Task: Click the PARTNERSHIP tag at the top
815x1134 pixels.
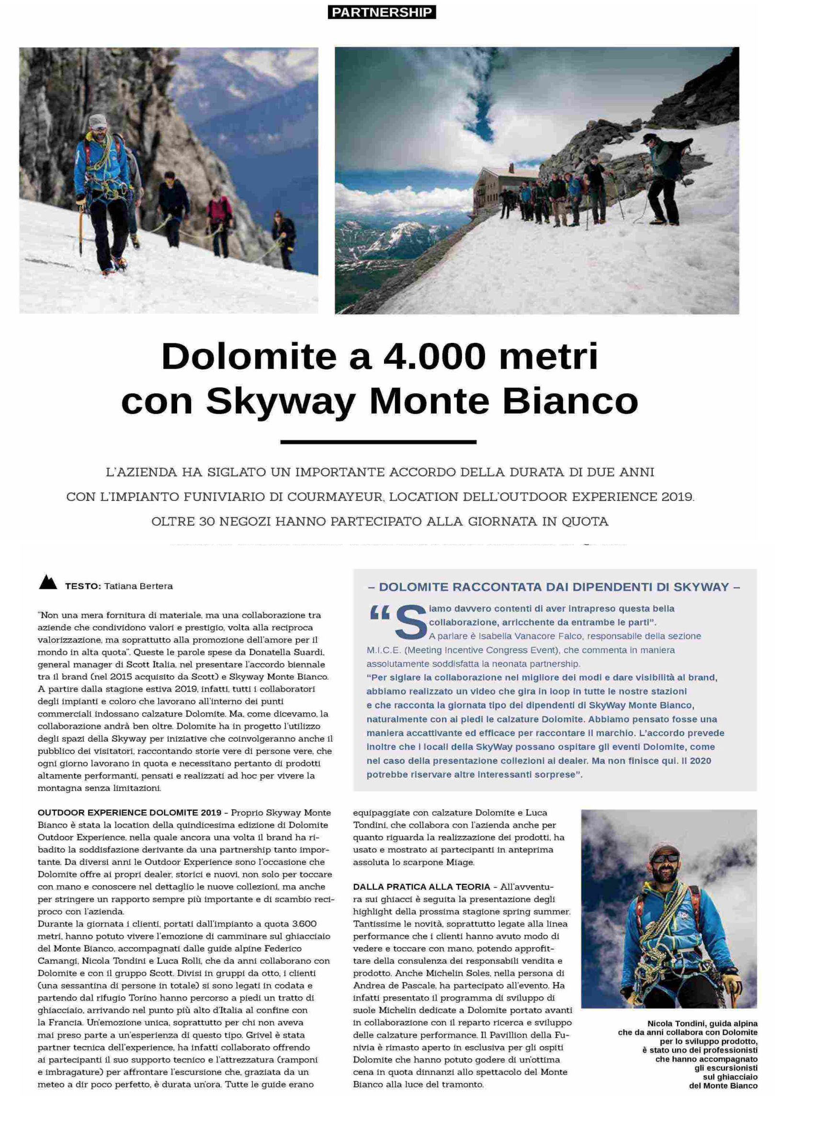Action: (x=381, y=12)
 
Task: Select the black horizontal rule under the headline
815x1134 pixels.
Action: (x=378, y=442)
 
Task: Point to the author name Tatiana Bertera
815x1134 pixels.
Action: (x=138, y=586)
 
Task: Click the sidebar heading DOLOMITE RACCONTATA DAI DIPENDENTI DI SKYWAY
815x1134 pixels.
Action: (x=555, y=587)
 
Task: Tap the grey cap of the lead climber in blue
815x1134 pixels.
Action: (x=98, y=121)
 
